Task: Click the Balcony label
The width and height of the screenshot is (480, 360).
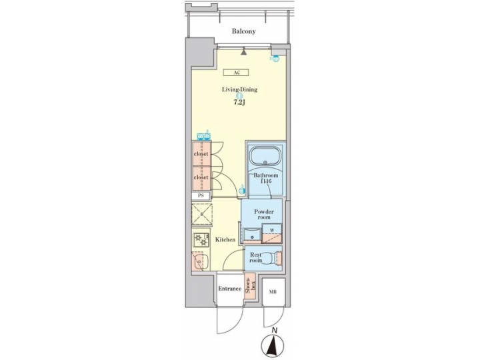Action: coord(244,31)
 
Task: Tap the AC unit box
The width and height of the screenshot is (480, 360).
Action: coord(237,73)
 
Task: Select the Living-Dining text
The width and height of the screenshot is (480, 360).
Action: coord(239,89)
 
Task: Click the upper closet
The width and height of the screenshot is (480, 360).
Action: coord(201,153)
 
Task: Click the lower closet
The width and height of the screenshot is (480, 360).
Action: coord(201,178)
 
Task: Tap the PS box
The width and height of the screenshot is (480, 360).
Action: coord(201,196)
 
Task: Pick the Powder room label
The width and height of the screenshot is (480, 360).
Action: coord(263,214)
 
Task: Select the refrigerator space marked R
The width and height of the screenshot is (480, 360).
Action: coord(201,215)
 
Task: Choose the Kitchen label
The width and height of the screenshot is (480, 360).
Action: coord(224,239)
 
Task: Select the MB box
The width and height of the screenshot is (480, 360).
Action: coord(273,291)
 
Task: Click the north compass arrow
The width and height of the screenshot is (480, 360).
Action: coord(273,346)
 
